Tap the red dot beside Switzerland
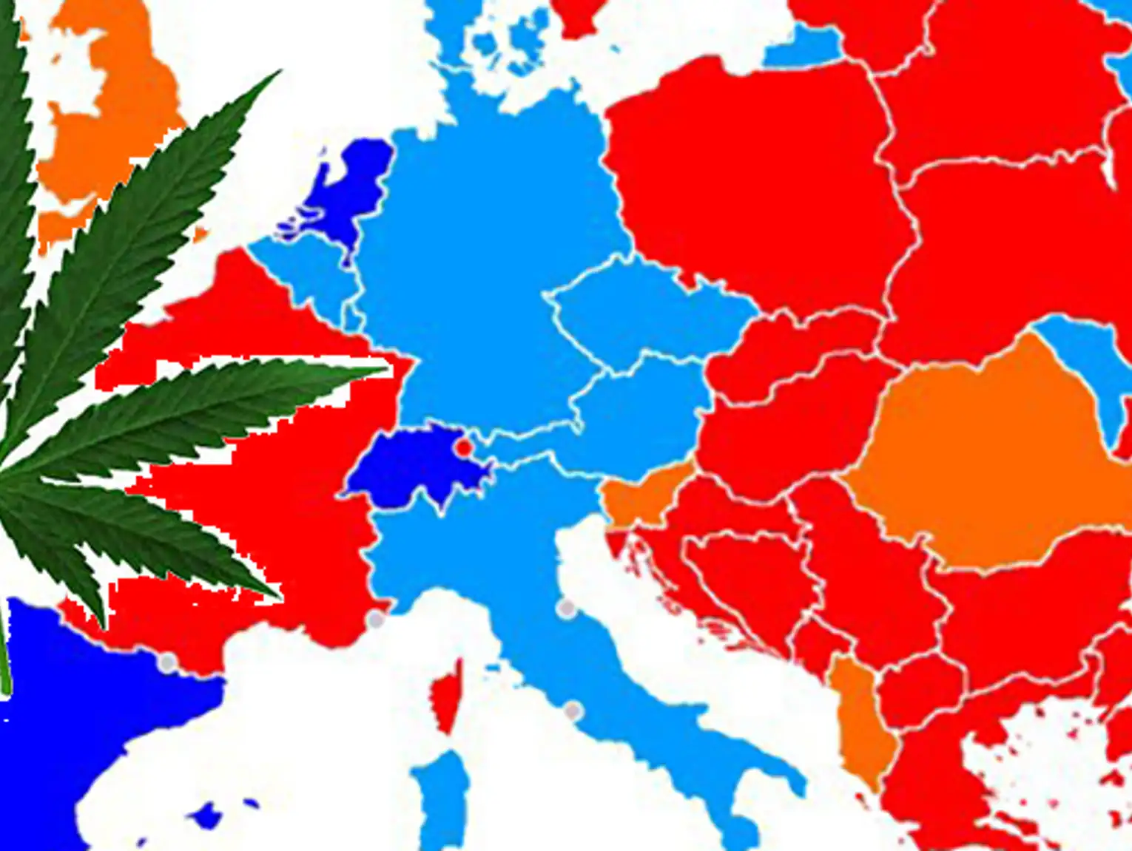pyautogui.click(x=464, y=447)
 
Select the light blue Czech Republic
pyautogui.click(x=644, y=311)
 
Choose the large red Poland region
pyautogui.click(x=755, y=192)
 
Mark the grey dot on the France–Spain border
pyautogui.click(x=168, y=662)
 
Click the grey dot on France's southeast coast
pyautogui.click(x=376, y=620)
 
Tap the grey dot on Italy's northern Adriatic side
pyautogui.click(x=566, y=608)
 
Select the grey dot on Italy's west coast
pyautogui.click(x=572, y=711)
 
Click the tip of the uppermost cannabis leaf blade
pyautogui.click(x=279, y=72)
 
